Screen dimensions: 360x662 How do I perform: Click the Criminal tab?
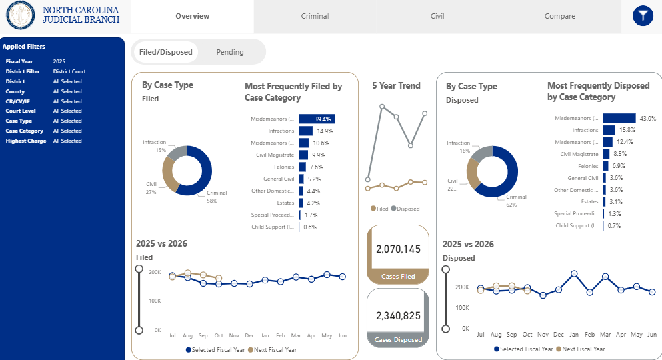point(315,16)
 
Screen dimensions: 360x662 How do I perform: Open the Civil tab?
point(437,16)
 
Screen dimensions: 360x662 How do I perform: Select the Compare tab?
point(559,16)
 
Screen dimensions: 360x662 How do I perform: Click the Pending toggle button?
point(230,52)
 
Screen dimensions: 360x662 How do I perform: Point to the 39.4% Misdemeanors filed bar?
point(317,119)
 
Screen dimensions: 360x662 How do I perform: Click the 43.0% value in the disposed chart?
point(647,118)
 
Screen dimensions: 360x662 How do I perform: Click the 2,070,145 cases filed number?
point(399,249)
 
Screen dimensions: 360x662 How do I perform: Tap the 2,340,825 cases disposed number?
point(399,315)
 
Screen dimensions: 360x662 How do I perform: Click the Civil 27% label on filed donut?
point(151,187)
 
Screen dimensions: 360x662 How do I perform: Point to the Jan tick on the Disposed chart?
point(574,333)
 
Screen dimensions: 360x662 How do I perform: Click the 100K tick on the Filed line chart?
point(154,301)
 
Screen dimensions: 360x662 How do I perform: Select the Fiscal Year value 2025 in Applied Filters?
point(59,61)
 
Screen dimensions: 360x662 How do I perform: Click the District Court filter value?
point(69,71)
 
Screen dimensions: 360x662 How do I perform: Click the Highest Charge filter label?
point(26,141)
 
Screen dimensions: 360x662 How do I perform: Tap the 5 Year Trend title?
point(396,85)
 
